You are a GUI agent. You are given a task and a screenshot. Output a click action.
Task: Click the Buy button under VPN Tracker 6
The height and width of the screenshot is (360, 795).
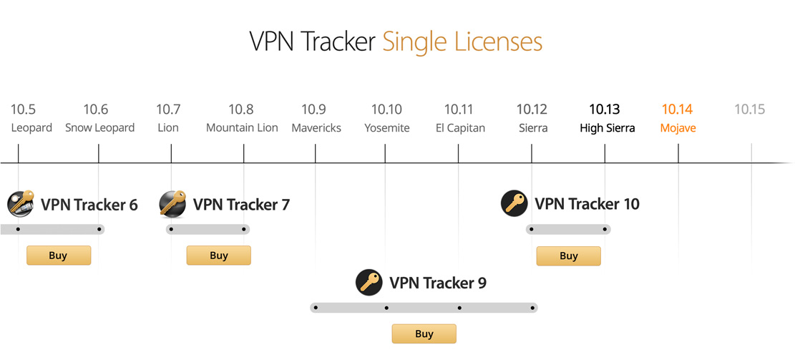click(59, 256)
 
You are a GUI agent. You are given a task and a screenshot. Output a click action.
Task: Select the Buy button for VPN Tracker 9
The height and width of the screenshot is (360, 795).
click(424, 334)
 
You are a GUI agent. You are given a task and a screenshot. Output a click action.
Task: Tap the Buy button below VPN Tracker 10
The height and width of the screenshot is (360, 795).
click(568, 256)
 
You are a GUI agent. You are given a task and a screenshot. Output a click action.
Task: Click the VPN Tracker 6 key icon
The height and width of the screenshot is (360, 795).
click(21, 204)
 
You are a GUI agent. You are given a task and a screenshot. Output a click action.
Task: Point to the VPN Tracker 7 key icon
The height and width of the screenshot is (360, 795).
click(172, 204)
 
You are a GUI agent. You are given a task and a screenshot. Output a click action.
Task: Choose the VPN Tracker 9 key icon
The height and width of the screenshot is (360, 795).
click(369, 282)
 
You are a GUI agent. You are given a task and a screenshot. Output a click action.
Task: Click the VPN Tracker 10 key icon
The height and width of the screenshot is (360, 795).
click(514, 204)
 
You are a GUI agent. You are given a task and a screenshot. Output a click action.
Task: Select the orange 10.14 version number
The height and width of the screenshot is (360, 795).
click(677, 110)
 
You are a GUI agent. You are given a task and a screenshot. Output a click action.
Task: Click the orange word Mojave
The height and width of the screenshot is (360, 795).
click(678, 128)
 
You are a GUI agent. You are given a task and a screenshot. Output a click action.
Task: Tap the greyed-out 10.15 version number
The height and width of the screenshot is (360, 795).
click(749, 110)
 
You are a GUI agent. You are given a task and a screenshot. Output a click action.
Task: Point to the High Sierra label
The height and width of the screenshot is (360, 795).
click(607, 128)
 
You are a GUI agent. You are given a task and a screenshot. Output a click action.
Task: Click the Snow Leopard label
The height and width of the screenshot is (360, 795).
click(99, 128)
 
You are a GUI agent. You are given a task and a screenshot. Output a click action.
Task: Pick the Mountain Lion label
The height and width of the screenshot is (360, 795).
click(242, 128)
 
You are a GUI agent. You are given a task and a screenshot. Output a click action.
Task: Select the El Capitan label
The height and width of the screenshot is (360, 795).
click(460, 128)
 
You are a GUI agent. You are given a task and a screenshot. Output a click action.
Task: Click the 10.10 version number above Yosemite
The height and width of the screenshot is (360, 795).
click(386, 110)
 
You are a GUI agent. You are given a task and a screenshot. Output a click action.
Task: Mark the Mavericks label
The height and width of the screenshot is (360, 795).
click(316, 128)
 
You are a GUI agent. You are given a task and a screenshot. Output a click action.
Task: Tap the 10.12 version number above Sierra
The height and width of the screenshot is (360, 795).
click(532, 110)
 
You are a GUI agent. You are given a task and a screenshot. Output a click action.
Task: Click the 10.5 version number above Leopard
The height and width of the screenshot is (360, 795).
click(23, 110)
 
